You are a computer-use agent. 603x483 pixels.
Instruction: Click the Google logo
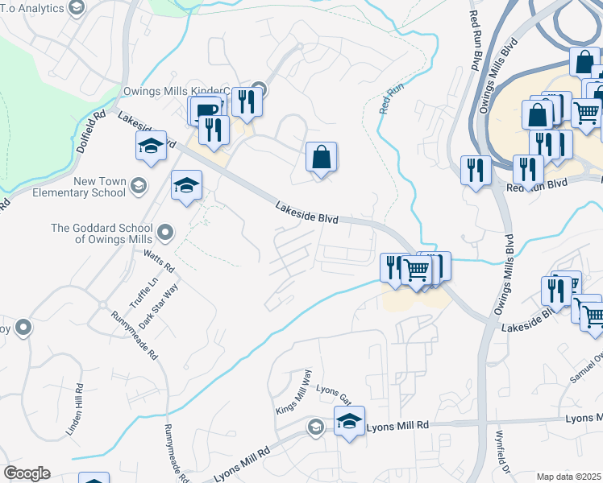point(27,473)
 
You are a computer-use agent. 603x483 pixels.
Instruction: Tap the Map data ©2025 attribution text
point(569,477)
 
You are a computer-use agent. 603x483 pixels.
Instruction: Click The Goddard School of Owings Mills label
point(102,233)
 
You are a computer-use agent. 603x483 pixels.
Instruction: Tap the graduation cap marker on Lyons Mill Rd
point(349,422)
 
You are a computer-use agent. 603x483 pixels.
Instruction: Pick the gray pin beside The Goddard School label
point(165,233)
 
